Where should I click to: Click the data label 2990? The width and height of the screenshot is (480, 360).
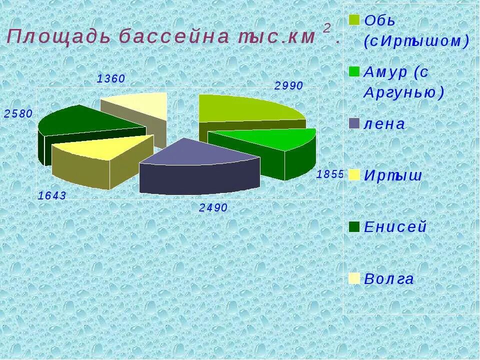tap(288, 86)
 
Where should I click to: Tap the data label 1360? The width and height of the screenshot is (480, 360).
tap(111, 79)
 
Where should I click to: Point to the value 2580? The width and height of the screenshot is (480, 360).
tap(18, 114)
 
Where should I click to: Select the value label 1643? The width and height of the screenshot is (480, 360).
tap(52, 196)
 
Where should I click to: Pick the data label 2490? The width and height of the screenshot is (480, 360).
tap(213, 208)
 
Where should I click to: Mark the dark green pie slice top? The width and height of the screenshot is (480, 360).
tap(85, 120)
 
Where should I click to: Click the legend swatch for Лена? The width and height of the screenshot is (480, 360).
tap(354, 123)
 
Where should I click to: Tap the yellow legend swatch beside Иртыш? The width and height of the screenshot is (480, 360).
tap(354, 174)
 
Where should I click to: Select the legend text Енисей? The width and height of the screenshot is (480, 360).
tap(395, 227)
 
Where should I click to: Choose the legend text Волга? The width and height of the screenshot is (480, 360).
tap(389, 279)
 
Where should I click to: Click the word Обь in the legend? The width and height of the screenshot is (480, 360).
tap(380, 21)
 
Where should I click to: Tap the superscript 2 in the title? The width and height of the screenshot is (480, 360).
tap(326, 28)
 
